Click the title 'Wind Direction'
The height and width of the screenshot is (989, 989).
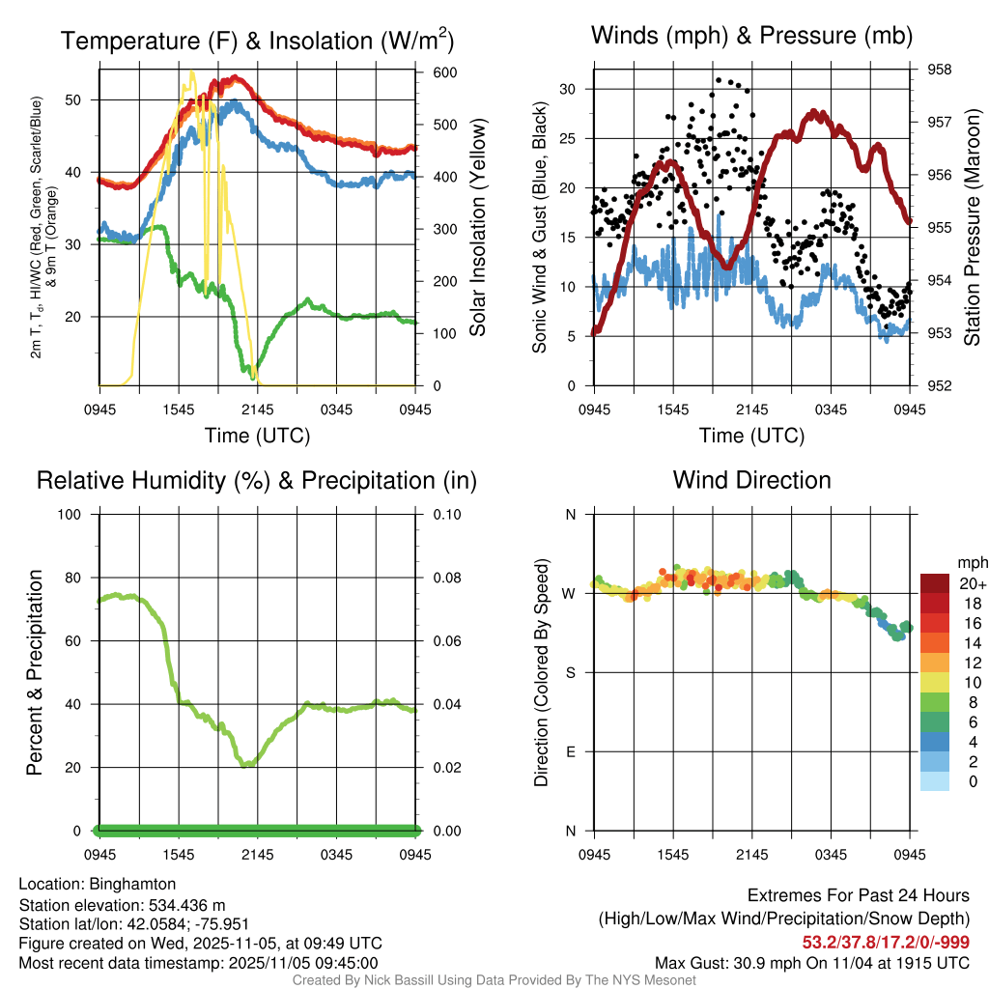[751, 480]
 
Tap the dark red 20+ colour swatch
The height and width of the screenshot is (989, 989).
[934, 583]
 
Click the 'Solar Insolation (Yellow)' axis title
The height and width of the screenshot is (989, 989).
[477, 227]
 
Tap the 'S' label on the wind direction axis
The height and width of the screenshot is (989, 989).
[569, 672]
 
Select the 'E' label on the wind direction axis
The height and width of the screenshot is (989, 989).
[569, 751]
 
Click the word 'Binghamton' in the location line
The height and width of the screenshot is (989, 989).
[132, 884]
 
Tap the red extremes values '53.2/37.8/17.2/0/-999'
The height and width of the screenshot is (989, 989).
[886, 942]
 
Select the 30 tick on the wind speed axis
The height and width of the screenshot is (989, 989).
[568, 89]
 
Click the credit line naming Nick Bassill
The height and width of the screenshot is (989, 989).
[494, 980]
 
